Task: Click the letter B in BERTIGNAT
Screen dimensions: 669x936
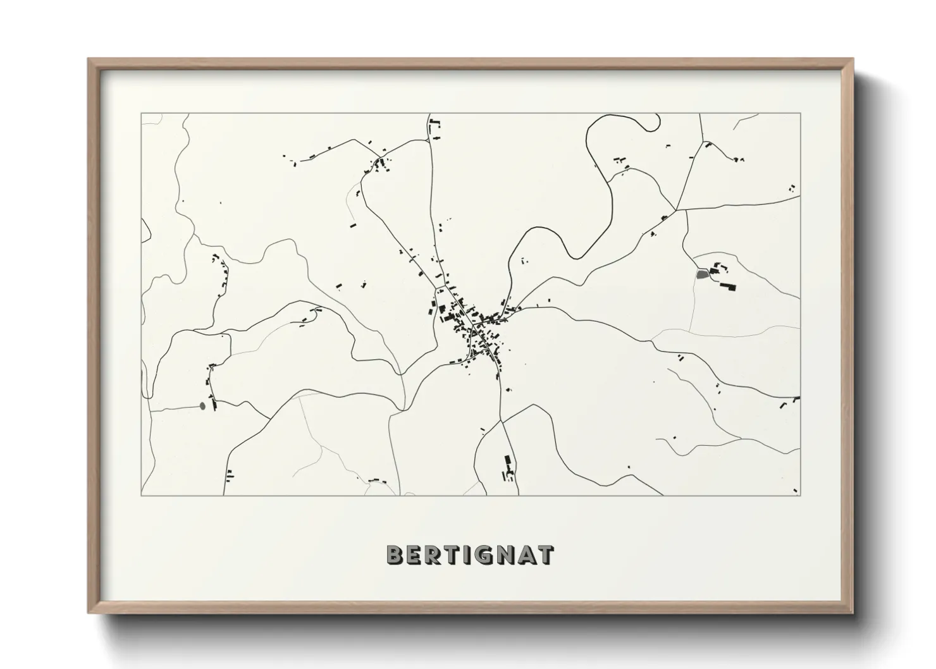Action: click(395, 555)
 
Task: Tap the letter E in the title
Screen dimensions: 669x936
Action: click(414, 555)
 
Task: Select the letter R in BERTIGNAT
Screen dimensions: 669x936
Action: click(433, 555)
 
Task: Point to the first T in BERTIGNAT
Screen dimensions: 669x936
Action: click(452, 555)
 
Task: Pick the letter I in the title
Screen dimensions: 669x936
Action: click(467, 555)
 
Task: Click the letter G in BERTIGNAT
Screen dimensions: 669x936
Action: click(483, 555)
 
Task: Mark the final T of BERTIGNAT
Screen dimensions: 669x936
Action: click(545, 555)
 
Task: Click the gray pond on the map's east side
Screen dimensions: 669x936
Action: click(701, 274)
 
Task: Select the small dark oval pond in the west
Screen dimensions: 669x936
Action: click(202, 405)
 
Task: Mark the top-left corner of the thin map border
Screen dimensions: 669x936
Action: click(141, 113)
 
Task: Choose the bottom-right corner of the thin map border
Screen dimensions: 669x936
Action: click(800, 495)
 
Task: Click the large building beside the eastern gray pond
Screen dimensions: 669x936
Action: click(727, 286)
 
